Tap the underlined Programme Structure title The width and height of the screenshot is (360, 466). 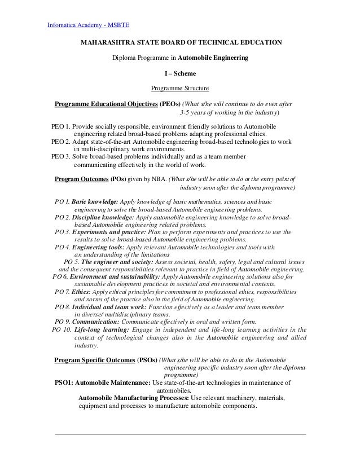(x=180, y=89)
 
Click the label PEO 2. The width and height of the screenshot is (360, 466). (x=60, y=142)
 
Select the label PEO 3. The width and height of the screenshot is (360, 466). (x=60, y=157)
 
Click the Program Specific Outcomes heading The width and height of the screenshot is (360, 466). (x=94, y=359)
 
